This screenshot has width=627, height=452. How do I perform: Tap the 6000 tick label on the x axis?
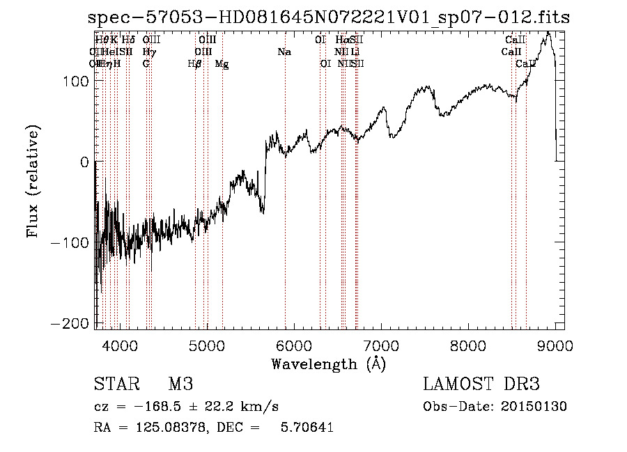point(294,345)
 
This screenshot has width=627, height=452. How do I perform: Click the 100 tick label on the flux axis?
point(74,81)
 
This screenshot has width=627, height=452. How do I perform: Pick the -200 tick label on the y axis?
point(70,323)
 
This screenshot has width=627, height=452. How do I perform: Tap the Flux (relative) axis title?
point(33,181)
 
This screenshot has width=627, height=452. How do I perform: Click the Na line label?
point(284,52)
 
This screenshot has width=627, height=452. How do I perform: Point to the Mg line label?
point(222,64)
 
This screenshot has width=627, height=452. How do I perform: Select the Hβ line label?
point(195,64)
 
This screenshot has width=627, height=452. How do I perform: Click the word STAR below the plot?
point(116,384)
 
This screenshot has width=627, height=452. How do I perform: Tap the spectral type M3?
point(180,384)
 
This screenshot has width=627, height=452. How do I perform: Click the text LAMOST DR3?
point(481,384)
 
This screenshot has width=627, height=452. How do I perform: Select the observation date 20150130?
point(535,407)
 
